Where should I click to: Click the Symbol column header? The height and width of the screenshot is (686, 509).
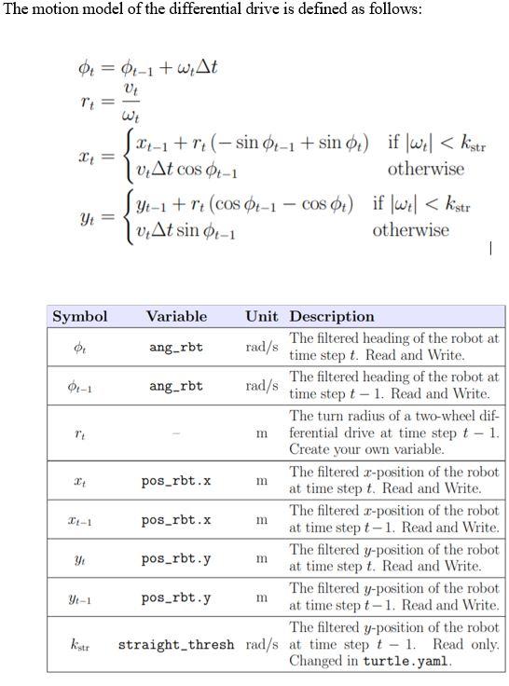coord(79,317)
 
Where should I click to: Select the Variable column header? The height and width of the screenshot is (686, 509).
coord(176,317)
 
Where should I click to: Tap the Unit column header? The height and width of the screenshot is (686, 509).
coord(263,317)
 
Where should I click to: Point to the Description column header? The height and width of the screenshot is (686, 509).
coord(332,317)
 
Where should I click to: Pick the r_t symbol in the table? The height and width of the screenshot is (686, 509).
coord(79,433)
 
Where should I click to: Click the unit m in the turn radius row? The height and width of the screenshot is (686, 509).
coord(263,433)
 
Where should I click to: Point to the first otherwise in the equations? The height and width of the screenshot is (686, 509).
coord(425,170)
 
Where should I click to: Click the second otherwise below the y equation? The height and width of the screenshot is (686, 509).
coord(410,230)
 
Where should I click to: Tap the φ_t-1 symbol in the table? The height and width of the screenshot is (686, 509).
coord(79,386)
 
